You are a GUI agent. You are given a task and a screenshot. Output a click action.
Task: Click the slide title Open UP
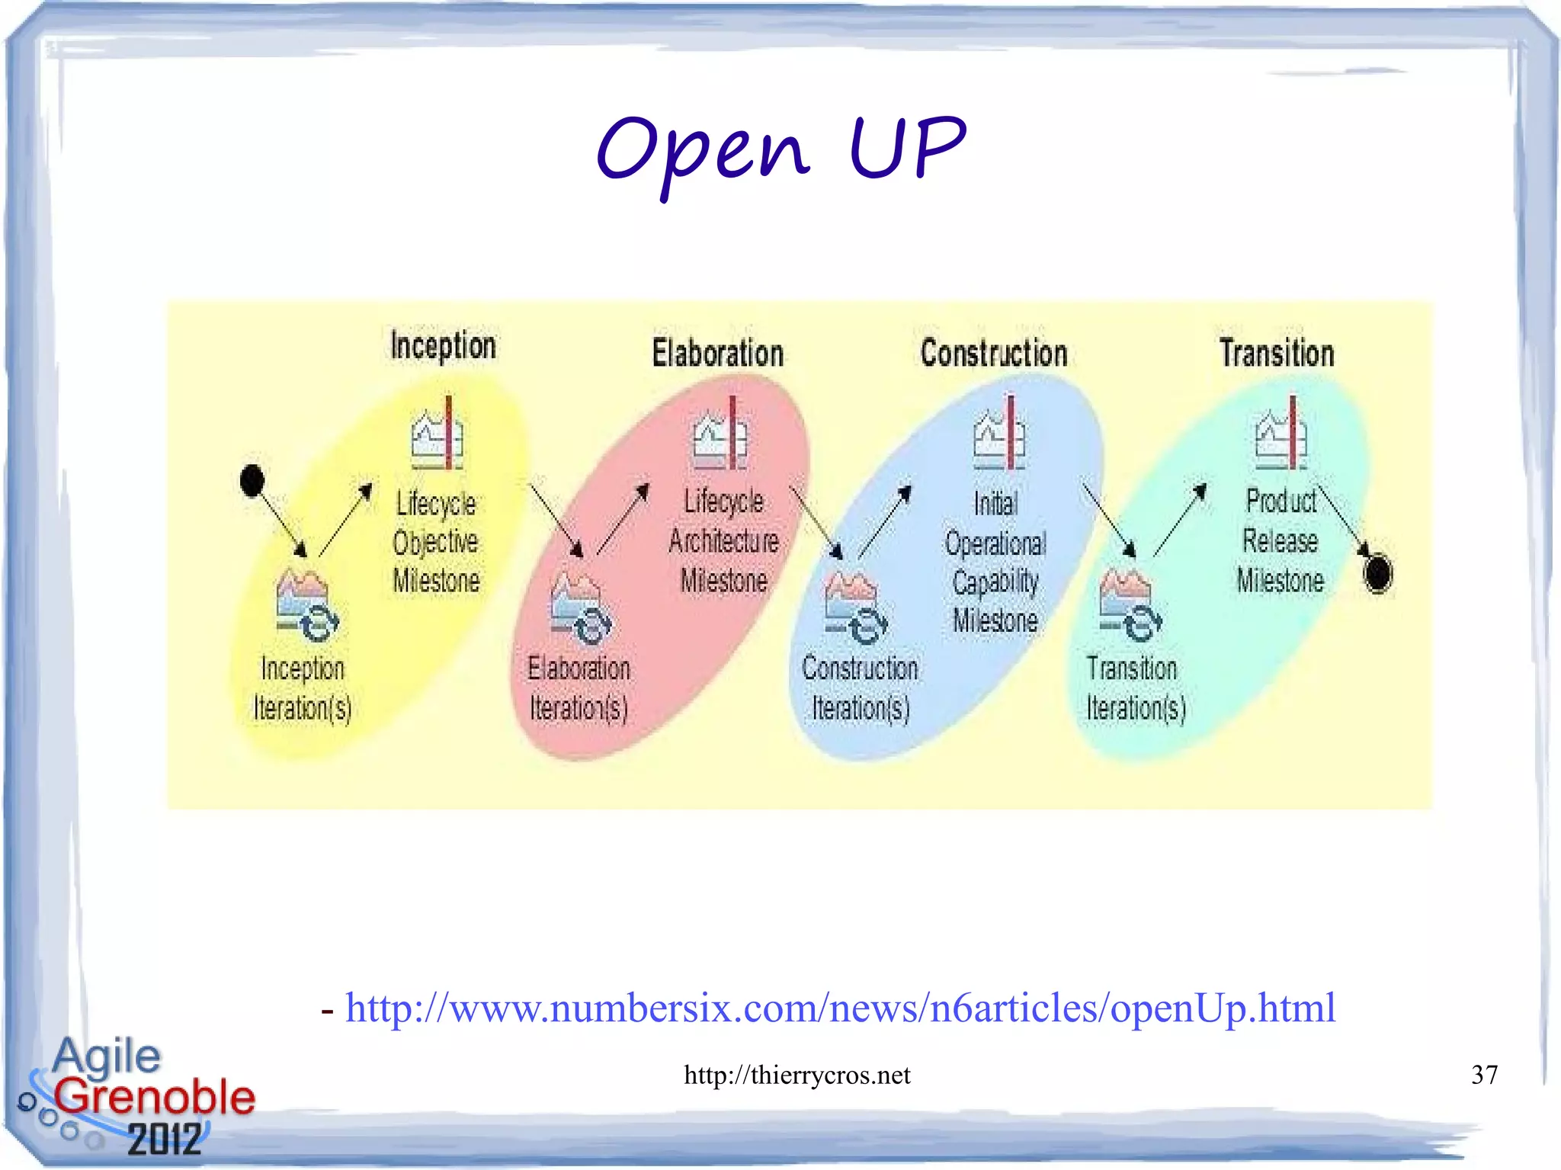(780, 149)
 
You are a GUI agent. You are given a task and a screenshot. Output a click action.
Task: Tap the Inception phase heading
(443, 346)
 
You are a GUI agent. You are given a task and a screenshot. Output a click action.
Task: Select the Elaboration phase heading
(717, 354)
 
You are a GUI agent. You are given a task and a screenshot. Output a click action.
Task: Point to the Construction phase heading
(993, 354)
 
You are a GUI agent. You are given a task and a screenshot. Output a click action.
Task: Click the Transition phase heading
(1277, 354)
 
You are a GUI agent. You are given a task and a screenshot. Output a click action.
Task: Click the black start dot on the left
(252, 480)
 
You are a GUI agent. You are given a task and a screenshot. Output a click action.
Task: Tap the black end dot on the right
(1377, 573)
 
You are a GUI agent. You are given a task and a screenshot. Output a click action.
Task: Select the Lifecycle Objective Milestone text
(436, 542)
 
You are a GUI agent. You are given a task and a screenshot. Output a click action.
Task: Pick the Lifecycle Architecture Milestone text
(723, 541)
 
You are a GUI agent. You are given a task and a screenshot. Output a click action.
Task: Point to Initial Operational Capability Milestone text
(995, 563)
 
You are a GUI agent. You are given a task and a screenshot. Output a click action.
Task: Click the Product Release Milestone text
(1281, 541)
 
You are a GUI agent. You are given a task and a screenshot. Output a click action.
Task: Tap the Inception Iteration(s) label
(303, 688)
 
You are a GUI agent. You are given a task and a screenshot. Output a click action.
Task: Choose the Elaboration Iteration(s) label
(579, 688)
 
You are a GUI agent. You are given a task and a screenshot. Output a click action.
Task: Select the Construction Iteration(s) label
(861, 688)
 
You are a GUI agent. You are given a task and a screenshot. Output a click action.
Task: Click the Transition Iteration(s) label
(1136, 688)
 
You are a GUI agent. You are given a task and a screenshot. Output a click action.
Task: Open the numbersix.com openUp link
(840, 1008)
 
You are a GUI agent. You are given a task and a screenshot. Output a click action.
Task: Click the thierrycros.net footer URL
(797, 1075)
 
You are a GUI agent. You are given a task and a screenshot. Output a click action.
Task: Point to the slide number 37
(1484, 1075)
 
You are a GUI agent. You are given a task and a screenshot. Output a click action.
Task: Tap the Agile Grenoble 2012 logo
(137, 1096)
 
